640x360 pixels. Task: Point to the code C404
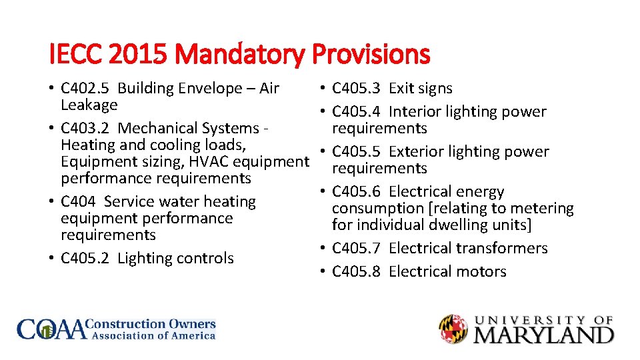(79, 201)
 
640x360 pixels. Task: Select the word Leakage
(89, 105)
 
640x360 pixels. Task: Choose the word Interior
(415, 112)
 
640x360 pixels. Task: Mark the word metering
(541, 208)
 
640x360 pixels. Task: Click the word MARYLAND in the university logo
(543, 333)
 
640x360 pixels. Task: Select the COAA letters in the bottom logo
(52, 329)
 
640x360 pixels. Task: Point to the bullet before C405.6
(322, 192)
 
